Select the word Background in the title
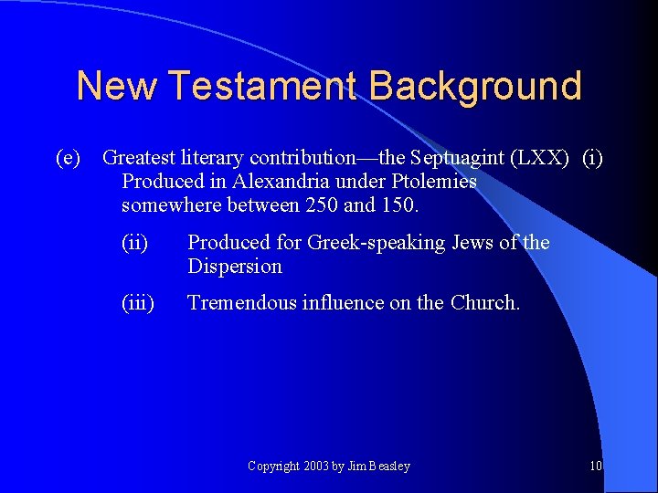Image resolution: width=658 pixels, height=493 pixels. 475,86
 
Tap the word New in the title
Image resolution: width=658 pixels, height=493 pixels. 117,86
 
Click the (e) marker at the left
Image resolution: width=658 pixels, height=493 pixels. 69,158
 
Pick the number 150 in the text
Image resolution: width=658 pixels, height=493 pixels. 399,205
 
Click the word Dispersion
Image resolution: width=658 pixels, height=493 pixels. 235,267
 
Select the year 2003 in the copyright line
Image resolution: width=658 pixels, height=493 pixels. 315,467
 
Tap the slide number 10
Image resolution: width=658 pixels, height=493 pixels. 596,467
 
